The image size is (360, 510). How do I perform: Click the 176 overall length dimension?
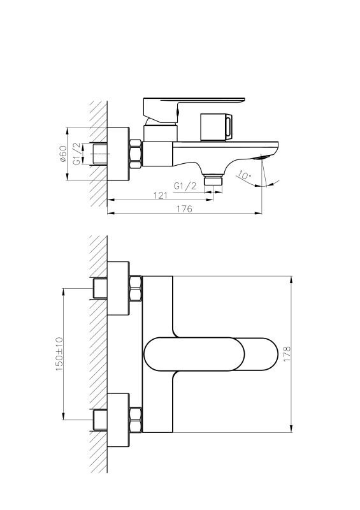[x=184, y=209]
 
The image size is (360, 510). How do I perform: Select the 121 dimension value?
[x=161, y=196]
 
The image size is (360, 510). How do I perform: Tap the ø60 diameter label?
[x=63, y=154]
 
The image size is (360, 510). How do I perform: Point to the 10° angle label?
[x=244, y=176]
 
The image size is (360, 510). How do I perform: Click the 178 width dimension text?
[x=287, y=354]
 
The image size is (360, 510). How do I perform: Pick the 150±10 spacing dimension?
[x=59, y=354]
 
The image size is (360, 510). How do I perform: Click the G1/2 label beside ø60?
[x=76, y=154]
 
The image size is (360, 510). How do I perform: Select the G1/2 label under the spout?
[x=185, y=186]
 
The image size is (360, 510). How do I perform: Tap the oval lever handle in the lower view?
[x=211, y=354]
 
